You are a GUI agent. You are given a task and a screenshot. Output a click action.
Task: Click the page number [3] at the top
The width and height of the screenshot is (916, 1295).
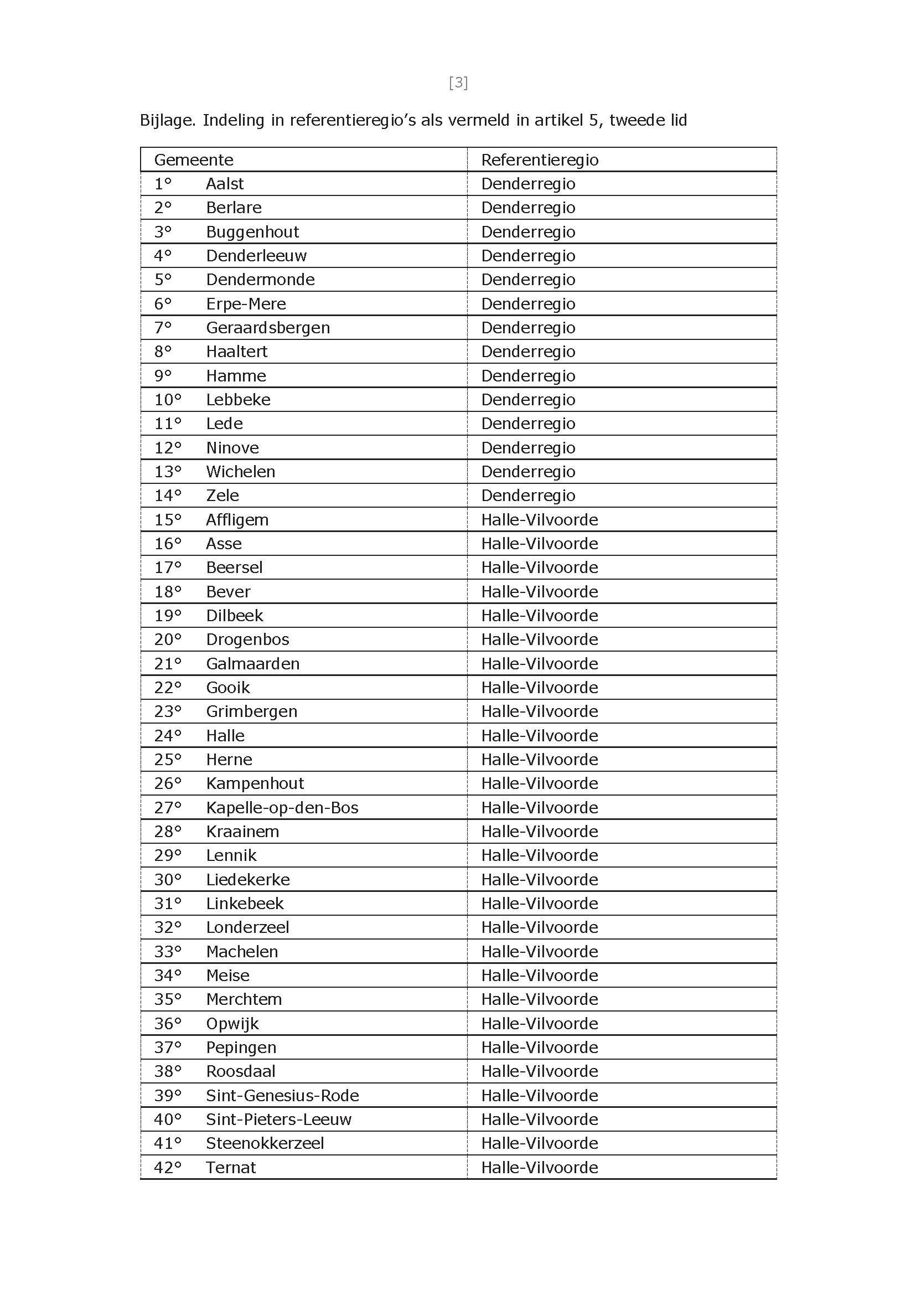[458, 83]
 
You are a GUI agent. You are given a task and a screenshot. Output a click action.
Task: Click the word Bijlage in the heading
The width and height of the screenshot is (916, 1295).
[167, 121]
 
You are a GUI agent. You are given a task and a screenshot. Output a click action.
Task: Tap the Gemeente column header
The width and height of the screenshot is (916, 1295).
[194, 159]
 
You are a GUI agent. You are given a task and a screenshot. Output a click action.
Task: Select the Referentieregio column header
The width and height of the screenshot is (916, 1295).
[539, 159]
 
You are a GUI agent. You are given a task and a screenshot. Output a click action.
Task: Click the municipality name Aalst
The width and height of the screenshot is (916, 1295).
[225, 184]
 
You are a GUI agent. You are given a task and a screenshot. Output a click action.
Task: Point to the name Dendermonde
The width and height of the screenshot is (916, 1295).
[260, 280]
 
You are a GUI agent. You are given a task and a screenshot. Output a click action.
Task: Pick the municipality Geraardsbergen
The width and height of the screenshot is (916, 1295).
[268, 328]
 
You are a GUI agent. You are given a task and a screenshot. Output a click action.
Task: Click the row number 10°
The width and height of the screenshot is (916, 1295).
[168, 400]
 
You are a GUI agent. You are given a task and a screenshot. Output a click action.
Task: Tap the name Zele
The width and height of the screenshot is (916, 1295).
[222, 496]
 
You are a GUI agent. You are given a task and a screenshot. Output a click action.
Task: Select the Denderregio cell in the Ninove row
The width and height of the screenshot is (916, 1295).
[528, 448]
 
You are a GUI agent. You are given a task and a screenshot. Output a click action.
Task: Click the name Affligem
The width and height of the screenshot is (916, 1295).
[237, 520]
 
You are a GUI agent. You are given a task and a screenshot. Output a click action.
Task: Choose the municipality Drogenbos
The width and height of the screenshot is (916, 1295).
[247, 639]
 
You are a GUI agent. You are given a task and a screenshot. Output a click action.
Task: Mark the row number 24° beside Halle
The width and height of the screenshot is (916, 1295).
[168, 736]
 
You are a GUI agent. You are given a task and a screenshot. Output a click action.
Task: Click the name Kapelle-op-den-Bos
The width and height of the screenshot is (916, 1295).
[282, 807]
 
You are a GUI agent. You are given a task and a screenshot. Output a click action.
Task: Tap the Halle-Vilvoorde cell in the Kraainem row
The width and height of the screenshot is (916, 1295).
[539, 832]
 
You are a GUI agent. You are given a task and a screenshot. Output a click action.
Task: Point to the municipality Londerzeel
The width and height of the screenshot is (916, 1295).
[247, 928]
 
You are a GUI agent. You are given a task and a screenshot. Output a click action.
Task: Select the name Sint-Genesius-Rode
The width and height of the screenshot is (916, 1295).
[282, 1096]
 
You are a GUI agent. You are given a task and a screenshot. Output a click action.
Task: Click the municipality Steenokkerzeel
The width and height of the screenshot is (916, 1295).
[265, 1144]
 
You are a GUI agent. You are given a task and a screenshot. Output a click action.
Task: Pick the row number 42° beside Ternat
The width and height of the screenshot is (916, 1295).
[168, 1168]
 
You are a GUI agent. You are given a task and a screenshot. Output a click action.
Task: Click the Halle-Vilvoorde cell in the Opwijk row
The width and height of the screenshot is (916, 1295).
[539, 1024]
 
